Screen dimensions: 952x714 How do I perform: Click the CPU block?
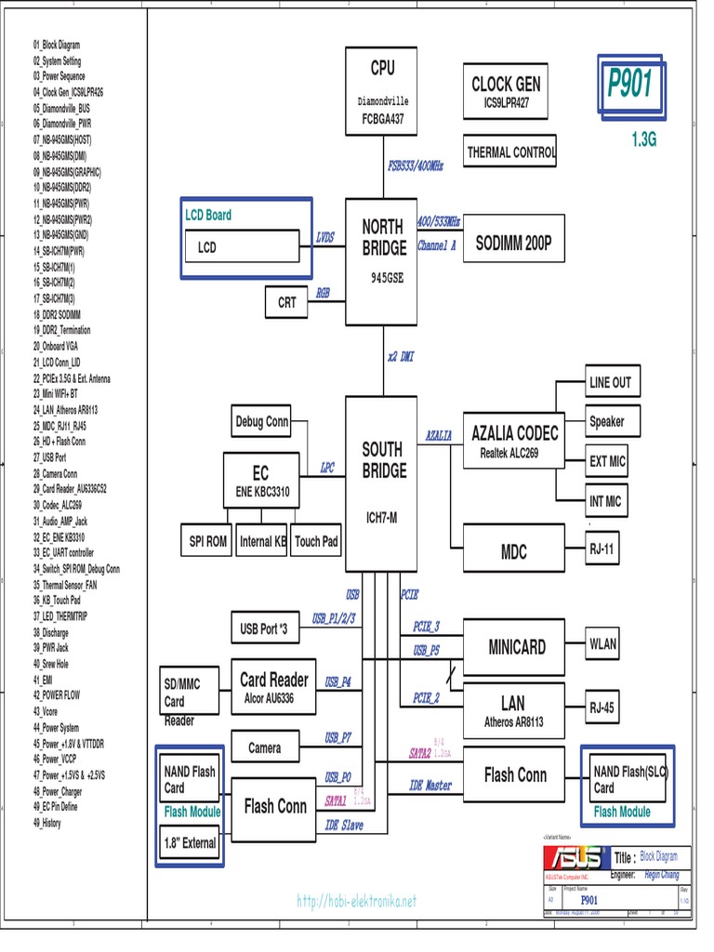[x=382, y=91]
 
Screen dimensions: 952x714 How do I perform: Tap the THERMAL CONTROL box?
[x=510, y=152]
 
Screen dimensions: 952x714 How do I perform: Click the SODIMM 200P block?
[x=513, y=244]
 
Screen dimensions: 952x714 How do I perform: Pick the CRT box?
[x=287, y=302]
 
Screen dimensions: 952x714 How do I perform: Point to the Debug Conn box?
[x=261, y=422]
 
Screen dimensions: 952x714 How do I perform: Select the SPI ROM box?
[x=208, y=541]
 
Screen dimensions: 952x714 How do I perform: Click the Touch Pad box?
[x=316, y=541]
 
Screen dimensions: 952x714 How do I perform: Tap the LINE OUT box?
[x=609, y=382]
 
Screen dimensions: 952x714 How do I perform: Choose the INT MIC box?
[x=605, y=501]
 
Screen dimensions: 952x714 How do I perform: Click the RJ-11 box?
[x=602, y=549]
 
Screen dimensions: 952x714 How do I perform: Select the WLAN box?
[x=602, y=643]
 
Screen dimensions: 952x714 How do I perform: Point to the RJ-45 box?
[x=602, y=707]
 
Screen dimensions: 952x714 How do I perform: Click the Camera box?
[x=264, y=747]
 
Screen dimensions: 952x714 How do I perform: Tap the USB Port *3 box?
[x=264, y=629]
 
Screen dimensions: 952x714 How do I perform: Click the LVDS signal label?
[x=324, y=237]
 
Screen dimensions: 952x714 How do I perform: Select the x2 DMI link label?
[x=401, y=357]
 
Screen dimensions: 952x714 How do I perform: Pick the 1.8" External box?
[x=190, y=843]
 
